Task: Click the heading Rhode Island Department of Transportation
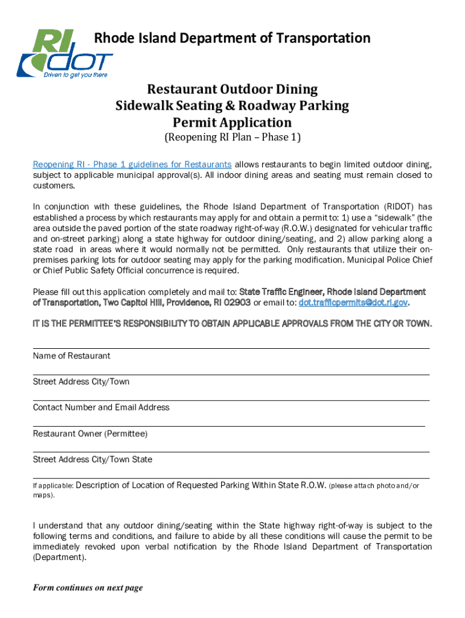coord(232,39)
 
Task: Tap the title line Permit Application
coord(232,123)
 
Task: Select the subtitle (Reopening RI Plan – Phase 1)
coord(232,138)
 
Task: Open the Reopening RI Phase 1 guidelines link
coord(132,164)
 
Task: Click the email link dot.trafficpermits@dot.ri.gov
coord(350,302)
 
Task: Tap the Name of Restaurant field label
coord(71,356)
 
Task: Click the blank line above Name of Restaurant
coord(231,348)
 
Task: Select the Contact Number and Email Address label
coord(101,407)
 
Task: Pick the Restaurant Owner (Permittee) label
coord(90,434)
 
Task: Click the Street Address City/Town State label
coord(92,459)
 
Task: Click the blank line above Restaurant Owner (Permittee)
coord(229,426)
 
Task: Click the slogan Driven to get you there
coord(75,75)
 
